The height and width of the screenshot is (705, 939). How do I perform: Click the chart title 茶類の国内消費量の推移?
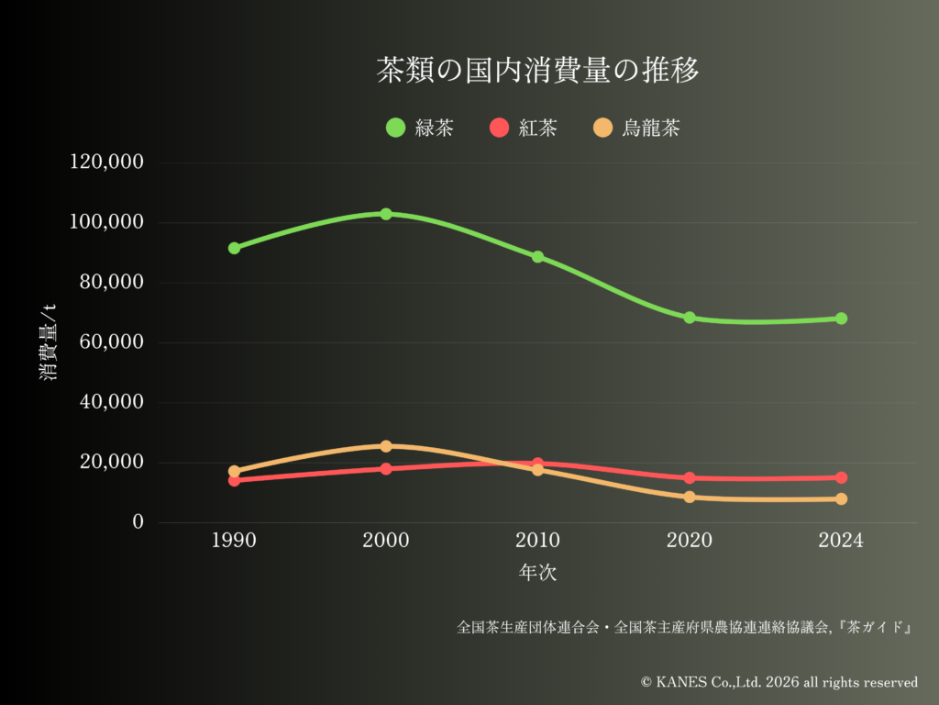(538, 71)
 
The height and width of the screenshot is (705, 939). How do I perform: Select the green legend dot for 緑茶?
(395, 128)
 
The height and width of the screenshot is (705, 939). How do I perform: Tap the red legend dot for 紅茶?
(499, 128)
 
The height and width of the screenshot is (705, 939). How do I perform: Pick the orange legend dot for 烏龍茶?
(602, 128)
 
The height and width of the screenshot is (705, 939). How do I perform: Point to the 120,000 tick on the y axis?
(107, 162)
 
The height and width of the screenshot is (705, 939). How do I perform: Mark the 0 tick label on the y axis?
(138, 522)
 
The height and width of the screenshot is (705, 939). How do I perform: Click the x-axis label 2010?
(537, 541)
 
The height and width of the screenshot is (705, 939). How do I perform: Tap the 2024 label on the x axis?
(841, 541)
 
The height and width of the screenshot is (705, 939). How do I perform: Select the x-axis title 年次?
(537, 573)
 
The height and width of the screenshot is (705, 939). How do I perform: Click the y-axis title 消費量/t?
(48, 343)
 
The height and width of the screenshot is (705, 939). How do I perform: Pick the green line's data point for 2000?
(386, 214)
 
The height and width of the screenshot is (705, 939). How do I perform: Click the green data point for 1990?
(234, 248)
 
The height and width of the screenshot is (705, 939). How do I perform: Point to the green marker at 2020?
(690, 318)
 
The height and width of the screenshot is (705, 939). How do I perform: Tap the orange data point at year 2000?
(386, 446)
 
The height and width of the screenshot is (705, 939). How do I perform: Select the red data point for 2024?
(841, 477)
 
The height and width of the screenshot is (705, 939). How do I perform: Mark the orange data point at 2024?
(841, 498)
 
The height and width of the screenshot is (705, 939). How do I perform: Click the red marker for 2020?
(690, 478)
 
